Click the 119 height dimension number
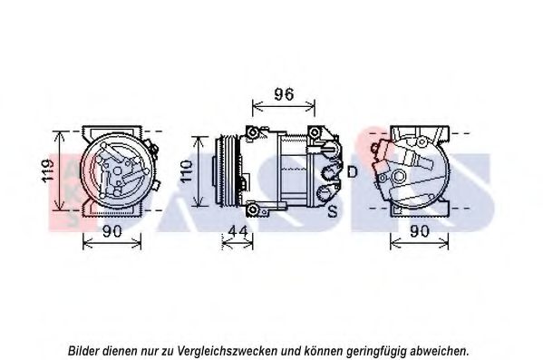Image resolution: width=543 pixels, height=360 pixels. [47, 170]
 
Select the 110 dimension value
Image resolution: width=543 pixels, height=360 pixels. [186, 171]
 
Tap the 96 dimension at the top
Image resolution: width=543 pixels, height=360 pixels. [284, 94]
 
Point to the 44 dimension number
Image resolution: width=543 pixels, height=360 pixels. [238, 230]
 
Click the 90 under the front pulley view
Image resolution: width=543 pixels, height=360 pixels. [112, 231]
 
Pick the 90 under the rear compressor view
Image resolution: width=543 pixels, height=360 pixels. [420, 231]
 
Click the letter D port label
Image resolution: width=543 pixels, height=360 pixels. [352, 171]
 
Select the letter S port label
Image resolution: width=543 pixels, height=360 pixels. [333, 210]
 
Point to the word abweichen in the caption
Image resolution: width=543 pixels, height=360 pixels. [438, 350]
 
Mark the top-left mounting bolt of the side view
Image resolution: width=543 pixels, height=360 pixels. [253, 132]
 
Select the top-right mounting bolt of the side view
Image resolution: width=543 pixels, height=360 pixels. [315, 132]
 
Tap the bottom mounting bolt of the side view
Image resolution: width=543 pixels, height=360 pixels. [253, 209]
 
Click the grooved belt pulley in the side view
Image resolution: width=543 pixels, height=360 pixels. [228, 171]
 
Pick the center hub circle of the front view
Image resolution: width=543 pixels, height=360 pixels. [118, 170]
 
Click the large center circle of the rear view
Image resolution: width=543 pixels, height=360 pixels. [399, 176]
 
